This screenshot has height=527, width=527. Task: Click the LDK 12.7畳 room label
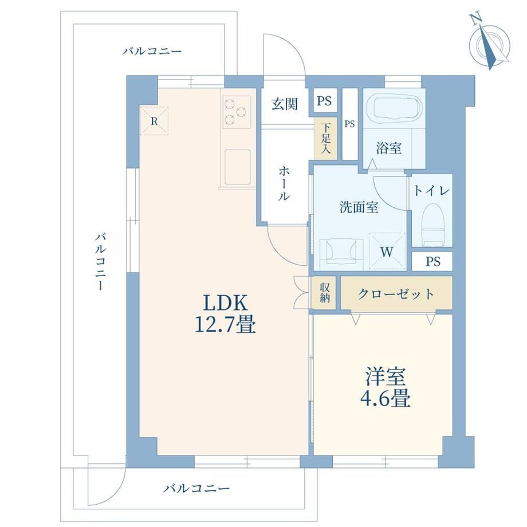click(225, 313)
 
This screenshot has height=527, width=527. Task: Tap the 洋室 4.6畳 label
click(386, 388)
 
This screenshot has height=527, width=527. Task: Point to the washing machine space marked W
click(387, 250)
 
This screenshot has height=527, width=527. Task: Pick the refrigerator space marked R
click(154, 121)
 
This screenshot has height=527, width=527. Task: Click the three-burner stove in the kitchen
click(237, 112)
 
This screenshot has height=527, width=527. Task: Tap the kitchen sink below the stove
click(238, 167)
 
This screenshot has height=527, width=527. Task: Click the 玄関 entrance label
click(285, 104)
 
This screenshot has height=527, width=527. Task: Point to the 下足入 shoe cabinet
click(325, 139)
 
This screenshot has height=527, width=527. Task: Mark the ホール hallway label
click(284, 184)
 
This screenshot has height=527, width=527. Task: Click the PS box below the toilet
click(432, 261)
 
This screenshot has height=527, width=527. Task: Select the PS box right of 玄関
click(324, 100)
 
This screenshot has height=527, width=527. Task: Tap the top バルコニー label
click(152, 51)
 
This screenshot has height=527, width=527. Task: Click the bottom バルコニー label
click(196, 488)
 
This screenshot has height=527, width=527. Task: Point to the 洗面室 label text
click(359, 207)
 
